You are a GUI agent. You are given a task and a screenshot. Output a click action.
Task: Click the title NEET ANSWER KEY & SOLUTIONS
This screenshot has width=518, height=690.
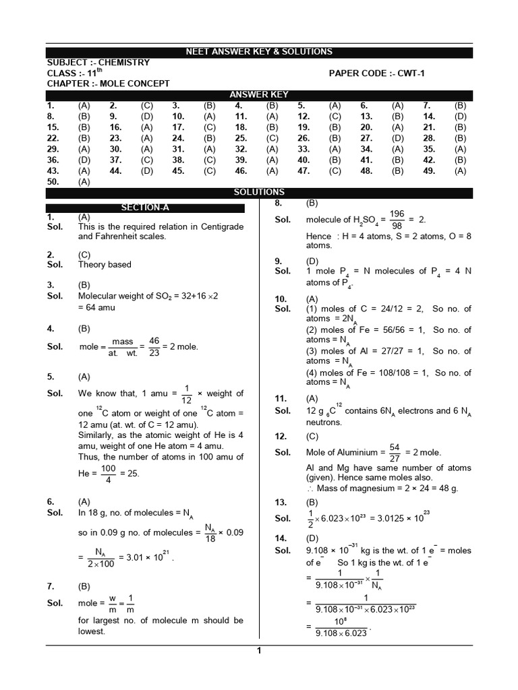point(259,52)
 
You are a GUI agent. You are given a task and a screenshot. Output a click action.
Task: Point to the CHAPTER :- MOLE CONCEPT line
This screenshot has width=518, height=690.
point(108,84)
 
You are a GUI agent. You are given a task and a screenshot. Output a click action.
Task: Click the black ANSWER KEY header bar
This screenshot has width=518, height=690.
point(259,95)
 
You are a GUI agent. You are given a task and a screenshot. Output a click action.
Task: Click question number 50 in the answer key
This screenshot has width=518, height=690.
point(51,181)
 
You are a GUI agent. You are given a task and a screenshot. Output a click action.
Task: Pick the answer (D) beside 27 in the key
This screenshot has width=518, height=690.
point(398,138)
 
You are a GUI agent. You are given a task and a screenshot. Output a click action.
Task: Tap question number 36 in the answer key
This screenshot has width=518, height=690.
point(51,160)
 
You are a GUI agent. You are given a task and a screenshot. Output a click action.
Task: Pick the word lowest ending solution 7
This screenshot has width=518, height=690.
point(92,631)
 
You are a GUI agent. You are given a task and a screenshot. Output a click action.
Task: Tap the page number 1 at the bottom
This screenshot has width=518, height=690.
point(259,650)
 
